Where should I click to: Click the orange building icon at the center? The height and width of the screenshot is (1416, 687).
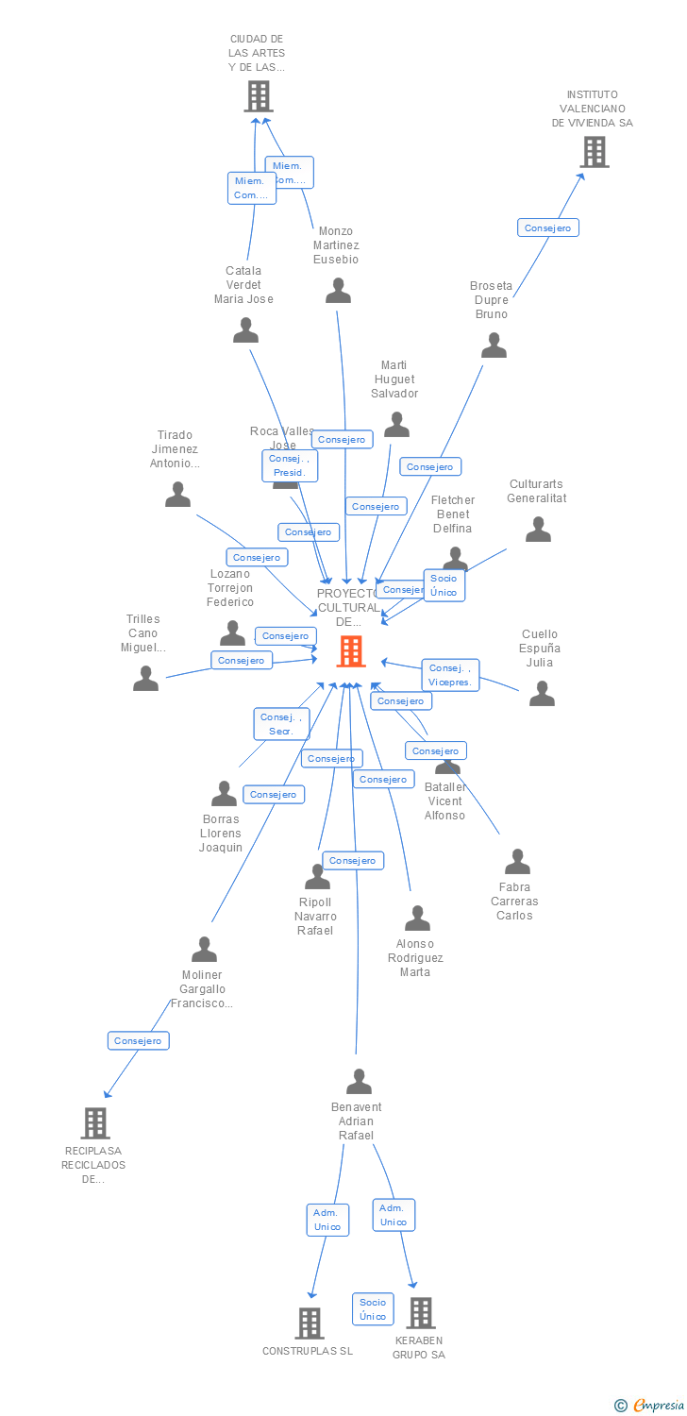tap(351, 650)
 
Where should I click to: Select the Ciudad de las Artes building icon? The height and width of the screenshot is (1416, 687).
tap(258, 95)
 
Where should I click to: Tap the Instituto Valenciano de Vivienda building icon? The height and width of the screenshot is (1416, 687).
tap(594, 152)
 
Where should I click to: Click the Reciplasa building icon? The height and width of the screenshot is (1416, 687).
tap(95, 1122)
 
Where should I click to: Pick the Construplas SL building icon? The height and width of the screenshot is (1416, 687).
tap(310, 1323)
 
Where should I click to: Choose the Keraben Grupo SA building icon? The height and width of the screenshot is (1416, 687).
tap(420, 1312)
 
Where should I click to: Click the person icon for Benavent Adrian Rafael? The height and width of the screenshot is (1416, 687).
tap(359, 1081)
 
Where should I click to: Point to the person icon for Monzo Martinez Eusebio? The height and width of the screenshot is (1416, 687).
tap(338, 291)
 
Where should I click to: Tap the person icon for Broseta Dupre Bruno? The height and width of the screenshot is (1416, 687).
tap(494, 346)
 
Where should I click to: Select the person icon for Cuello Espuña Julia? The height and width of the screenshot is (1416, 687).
tap(542, 693)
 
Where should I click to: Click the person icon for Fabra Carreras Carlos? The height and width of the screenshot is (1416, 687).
tap(517, 861)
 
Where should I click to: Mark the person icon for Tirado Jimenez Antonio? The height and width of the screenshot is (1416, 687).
tap(177, 494)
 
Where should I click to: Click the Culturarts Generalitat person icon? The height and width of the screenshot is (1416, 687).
tap(538, 530)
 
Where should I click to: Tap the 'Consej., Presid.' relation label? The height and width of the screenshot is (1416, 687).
tap(289, 465)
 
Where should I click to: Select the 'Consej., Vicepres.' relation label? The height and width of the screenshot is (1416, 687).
tap(450, 675)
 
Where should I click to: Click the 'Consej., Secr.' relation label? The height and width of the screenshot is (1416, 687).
tap(281, 724)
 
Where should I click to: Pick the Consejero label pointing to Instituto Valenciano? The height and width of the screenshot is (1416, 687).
tap(547, 228)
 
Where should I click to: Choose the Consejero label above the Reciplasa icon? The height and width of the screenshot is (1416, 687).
tap(138, 1040)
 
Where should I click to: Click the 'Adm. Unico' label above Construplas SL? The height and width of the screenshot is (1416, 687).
tap(327, 1220)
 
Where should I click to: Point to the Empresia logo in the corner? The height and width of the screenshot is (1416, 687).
tap(649, 1406)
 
